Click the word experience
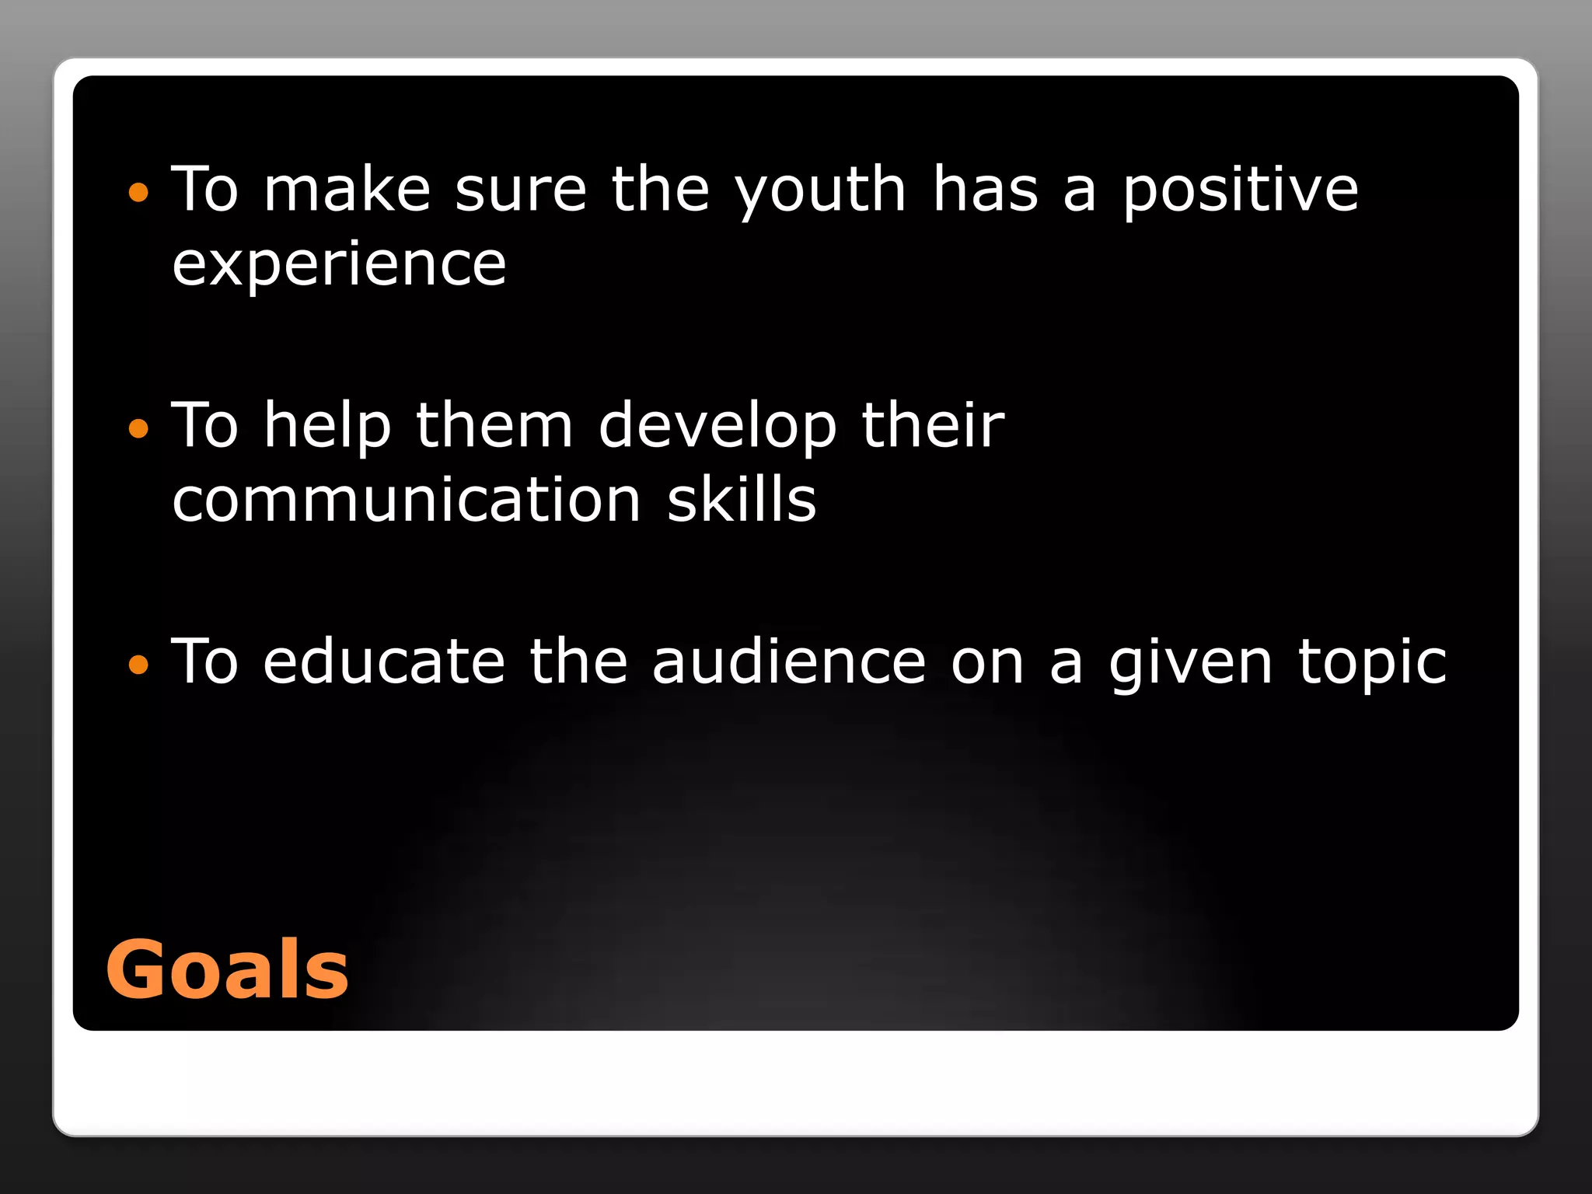(339, 266)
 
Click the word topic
(1372, 663)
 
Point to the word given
(1191, 663)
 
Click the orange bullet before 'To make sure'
(138, 192)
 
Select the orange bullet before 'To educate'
(138, 664)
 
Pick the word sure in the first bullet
(521, 192)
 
